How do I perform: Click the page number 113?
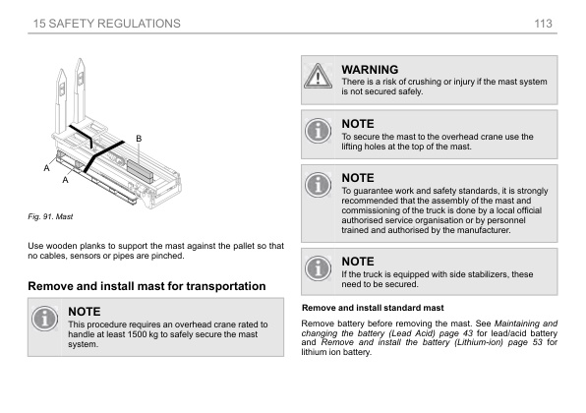tap(543, 24)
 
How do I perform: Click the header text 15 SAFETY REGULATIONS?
tap(107, 24)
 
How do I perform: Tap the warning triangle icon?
tap(318, 76)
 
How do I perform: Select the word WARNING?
tap(370, 70)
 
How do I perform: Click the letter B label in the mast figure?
tap(139, 139)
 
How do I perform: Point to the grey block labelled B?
tap(141, 171)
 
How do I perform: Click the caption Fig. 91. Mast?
tap(50, 216)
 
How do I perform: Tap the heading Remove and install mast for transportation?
tap(146, 286)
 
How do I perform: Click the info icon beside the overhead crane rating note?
tap(44, 319)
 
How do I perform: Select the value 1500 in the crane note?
tap(137, 334)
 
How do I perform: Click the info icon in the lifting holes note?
tap(318, 131)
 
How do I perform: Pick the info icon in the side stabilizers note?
tap(318, 268)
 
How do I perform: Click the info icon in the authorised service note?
tap(318, 185)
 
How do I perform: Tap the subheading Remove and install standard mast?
tap(373, 308)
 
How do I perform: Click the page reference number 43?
tap(468, 333)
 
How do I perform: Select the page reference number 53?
tap(538, 342)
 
